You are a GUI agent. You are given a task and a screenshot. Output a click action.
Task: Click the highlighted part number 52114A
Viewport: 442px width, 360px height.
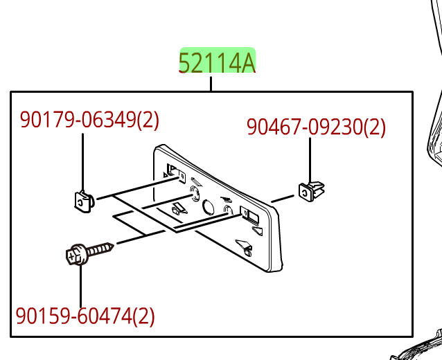218,62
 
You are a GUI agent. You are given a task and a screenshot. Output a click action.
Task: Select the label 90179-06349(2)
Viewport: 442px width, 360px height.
89,120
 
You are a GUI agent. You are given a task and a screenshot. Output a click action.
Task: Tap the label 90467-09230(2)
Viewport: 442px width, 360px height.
316,127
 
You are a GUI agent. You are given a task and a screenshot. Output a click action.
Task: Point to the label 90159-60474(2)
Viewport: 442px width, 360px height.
85,316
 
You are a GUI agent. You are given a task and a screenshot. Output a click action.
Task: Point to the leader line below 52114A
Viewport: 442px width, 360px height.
211,84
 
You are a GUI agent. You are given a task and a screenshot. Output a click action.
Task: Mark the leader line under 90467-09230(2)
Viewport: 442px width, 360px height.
310,159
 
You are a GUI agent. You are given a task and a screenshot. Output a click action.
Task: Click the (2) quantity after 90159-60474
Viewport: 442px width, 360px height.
143,316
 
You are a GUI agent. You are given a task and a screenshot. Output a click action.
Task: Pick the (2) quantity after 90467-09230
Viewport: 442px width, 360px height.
375,127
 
